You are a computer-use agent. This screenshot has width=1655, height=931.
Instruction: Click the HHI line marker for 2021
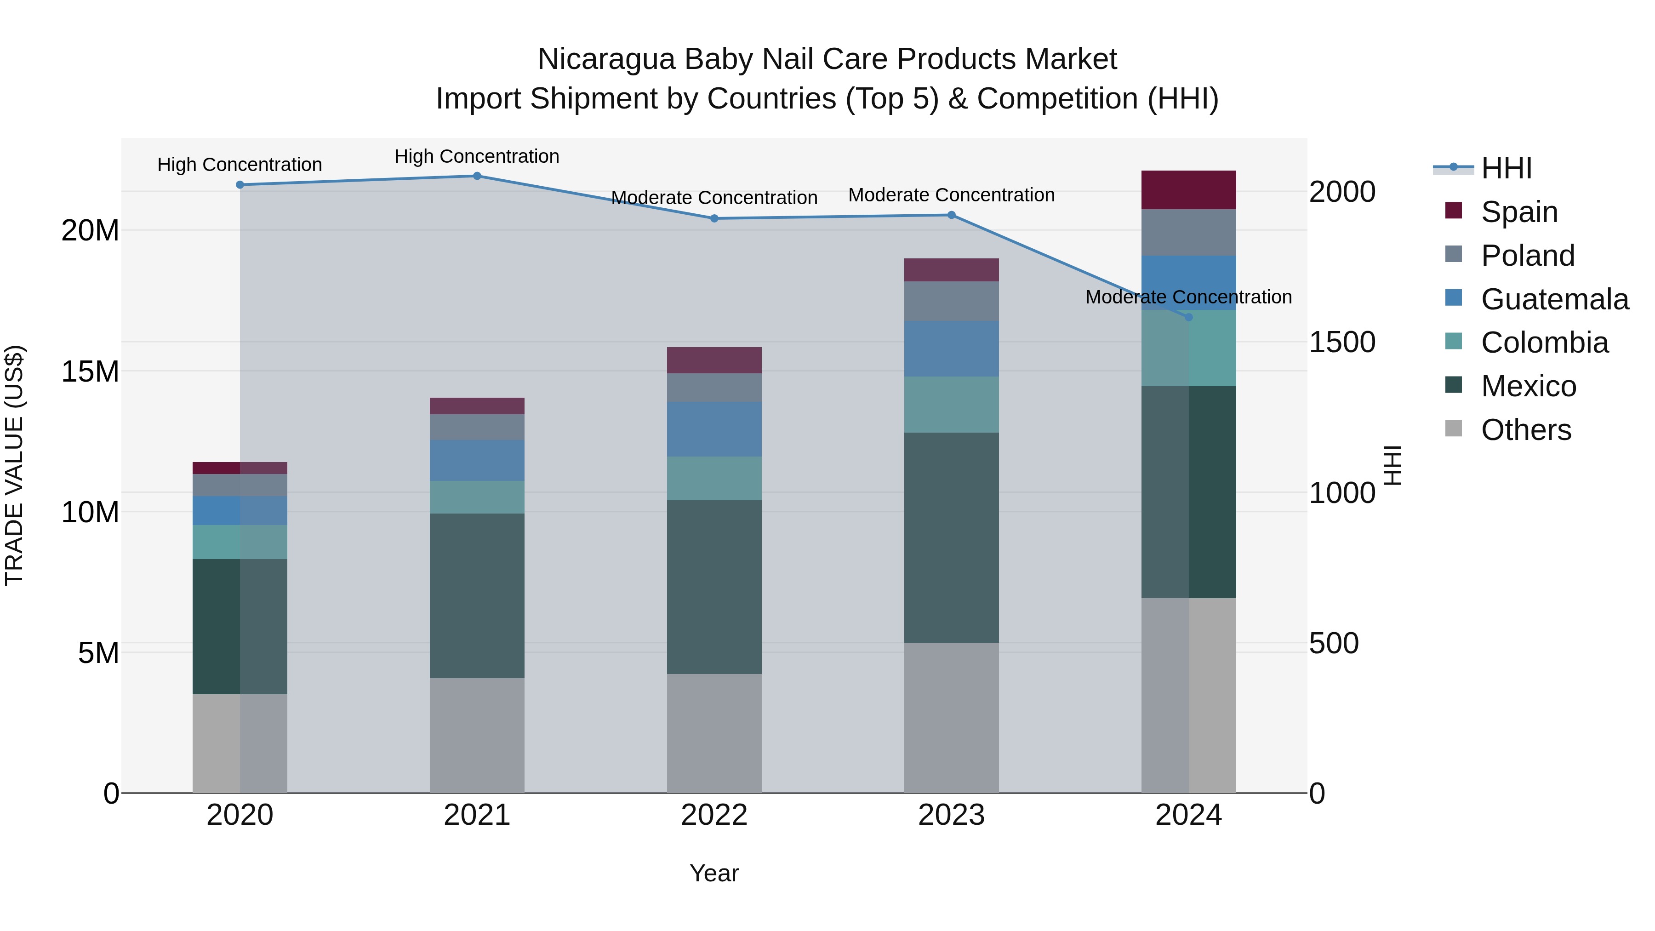point(477,176)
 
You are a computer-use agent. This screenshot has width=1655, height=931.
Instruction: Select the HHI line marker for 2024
point(1188,317)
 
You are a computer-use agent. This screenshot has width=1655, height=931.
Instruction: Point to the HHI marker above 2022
point(714,218)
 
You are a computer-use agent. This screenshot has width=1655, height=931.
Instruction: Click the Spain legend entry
point(1519,211)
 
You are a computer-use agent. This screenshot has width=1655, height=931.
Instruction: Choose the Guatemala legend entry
point(1554,299)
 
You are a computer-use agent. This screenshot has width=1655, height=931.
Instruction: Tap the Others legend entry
point(1525,429)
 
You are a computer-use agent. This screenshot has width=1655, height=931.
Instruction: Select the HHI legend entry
point(1506,168)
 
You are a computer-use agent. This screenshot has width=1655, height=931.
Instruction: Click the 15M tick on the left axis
point(90,371)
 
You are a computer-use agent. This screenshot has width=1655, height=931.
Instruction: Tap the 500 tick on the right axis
point(1334,643)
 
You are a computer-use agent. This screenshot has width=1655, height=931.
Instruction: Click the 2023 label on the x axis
point(951,815)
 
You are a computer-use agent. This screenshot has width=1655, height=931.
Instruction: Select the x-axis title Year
point(714,873)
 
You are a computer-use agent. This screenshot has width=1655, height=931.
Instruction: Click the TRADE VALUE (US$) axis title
point(14,465)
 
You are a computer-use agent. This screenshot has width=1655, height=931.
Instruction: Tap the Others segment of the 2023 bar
point(951,717)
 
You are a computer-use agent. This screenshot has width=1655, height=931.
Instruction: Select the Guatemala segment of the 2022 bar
point(714,429)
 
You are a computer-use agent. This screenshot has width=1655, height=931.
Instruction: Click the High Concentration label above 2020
point(240,165)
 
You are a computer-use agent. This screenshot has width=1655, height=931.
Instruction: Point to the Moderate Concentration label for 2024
point(1188,297)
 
